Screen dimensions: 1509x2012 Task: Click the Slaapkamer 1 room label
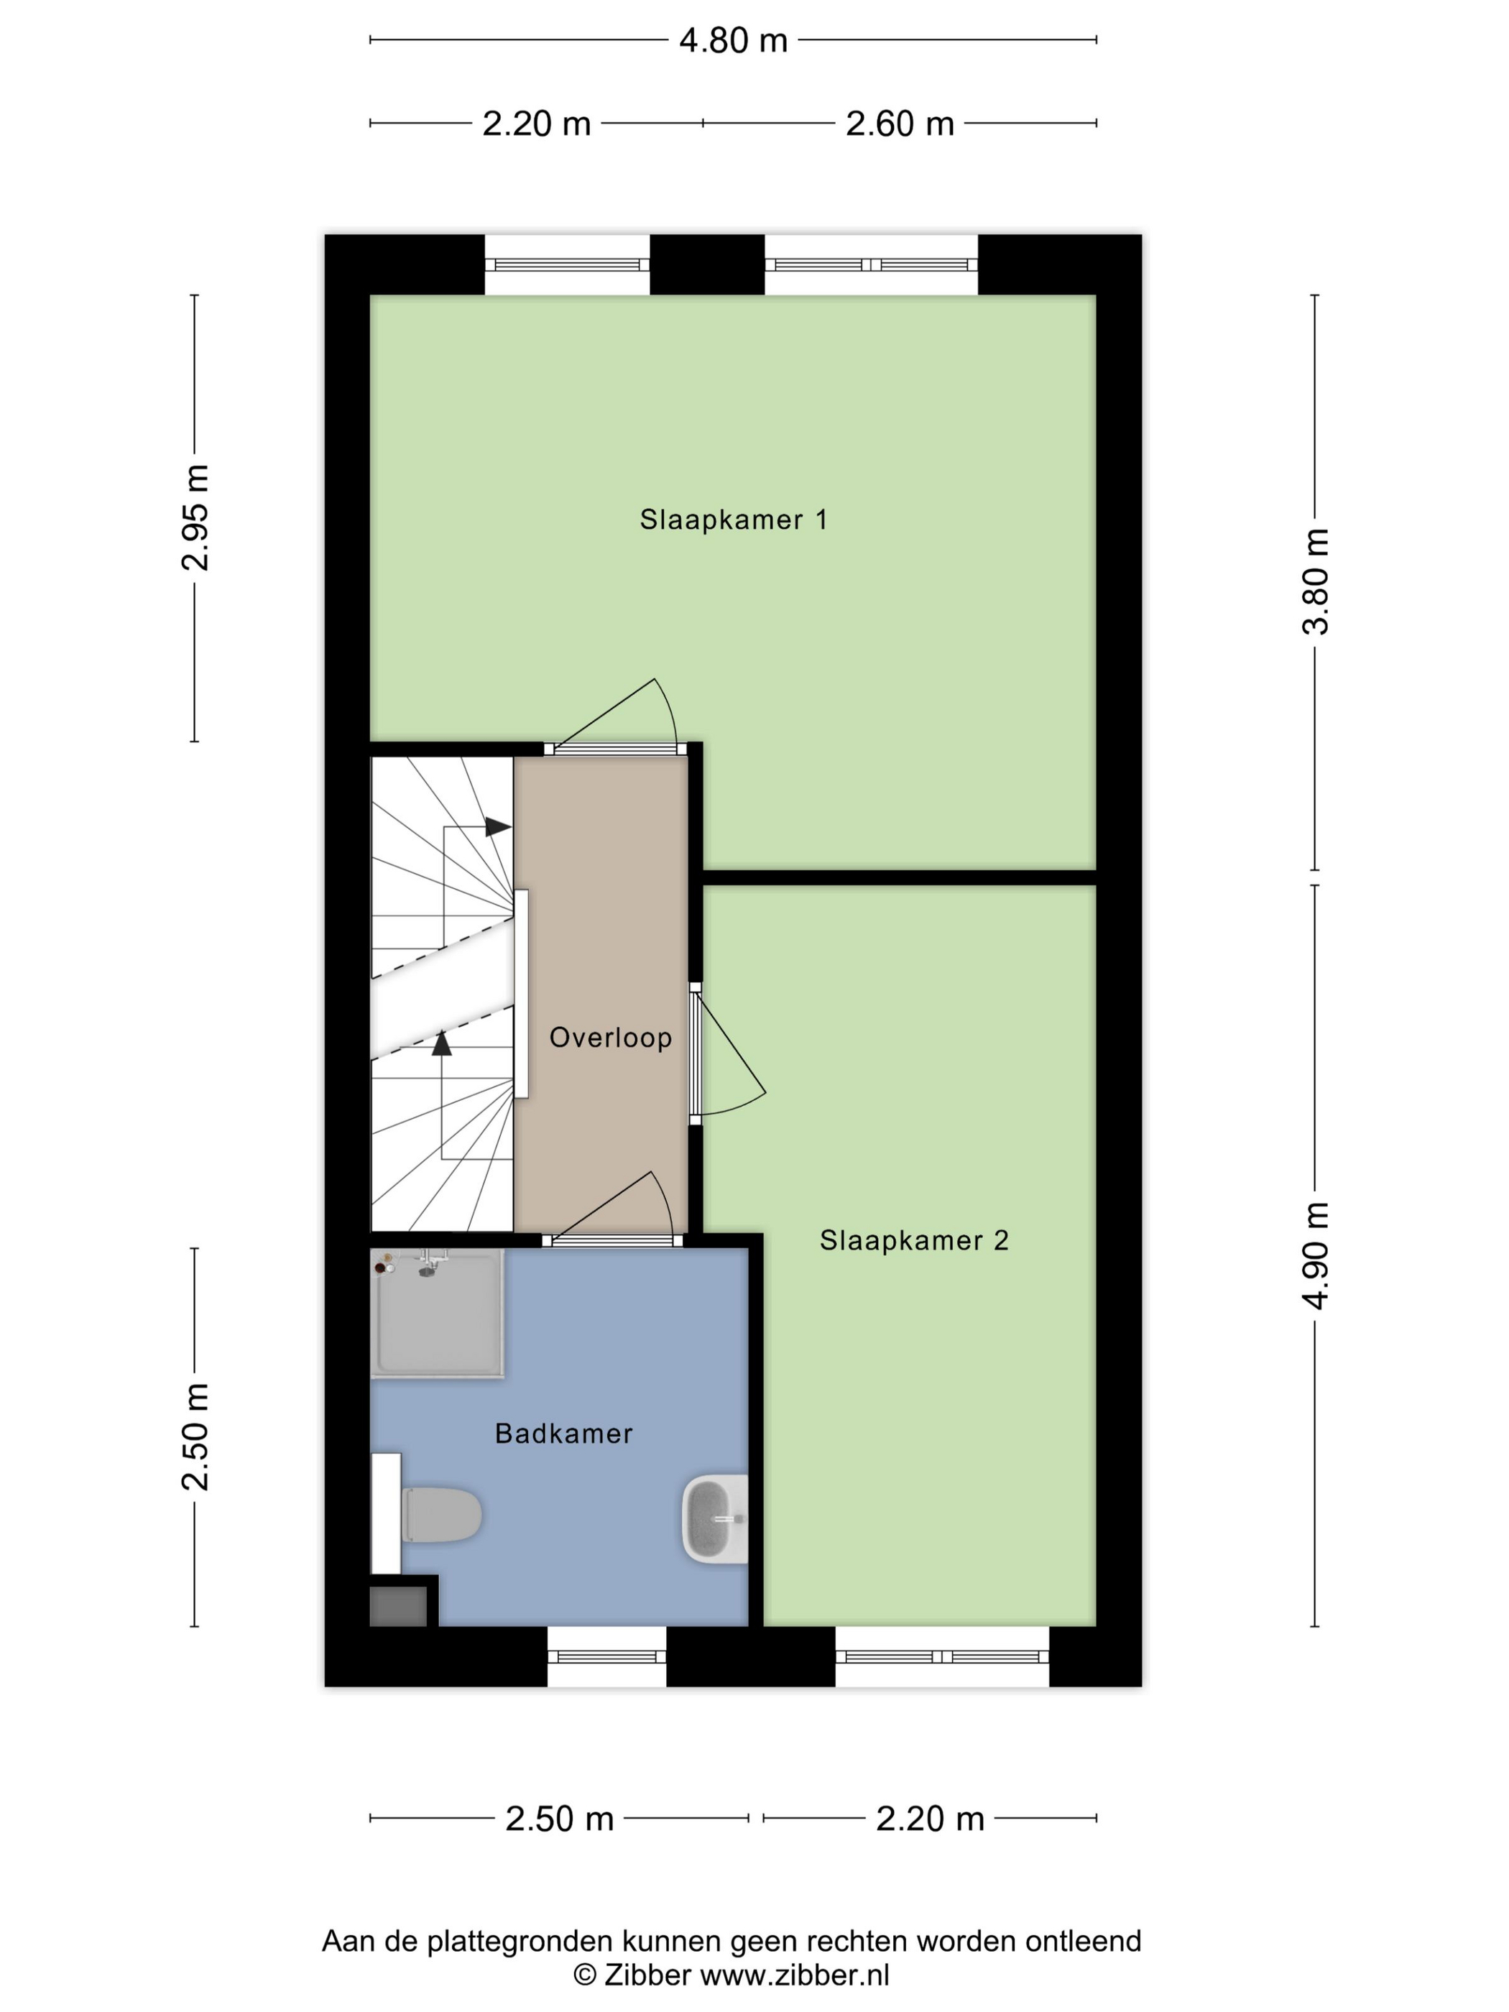[x=733, y=520]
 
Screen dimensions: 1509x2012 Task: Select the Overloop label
[x=610, y=1037]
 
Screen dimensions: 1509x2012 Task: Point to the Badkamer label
[x=563, y=1434]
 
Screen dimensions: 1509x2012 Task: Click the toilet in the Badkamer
[x=441, y=1515]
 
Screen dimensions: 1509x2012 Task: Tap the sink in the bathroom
[x=715, y=1519]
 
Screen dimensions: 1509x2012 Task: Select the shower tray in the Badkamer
[x=437, y=1314]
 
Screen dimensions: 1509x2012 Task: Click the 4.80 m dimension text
[x=733, y=41]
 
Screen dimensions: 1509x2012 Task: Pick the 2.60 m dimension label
[x=900, y=124]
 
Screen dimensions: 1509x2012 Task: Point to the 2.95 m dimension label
[x=195, y=517]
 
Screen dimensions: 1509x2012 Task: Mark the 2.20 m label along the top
[x=536, y=124]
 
